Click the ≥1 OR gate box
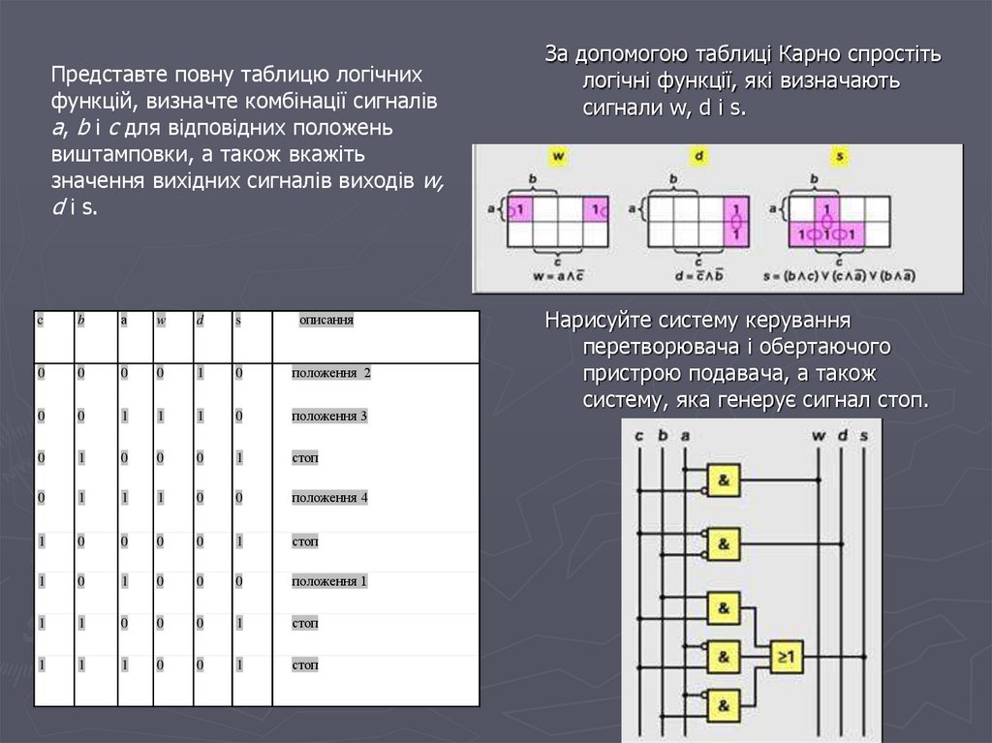(x=786, y=658)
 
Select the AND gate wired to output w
(x=724, y=479)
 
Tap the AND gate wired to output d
(x=724, y=544)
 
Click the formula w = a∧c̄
(x=559, y=275)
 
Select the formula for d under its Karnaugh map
(x=699, y=275)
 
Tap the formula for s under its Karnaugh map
(x=839, y=275)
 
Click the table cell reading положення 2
(x=331, y=373)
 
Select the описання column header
(x=325, y=319)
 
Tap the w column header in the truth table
(x=162, y=319)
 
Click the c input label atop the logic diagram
(x=638, y=436)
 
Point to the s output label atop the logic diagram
(x=864, y=436)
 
